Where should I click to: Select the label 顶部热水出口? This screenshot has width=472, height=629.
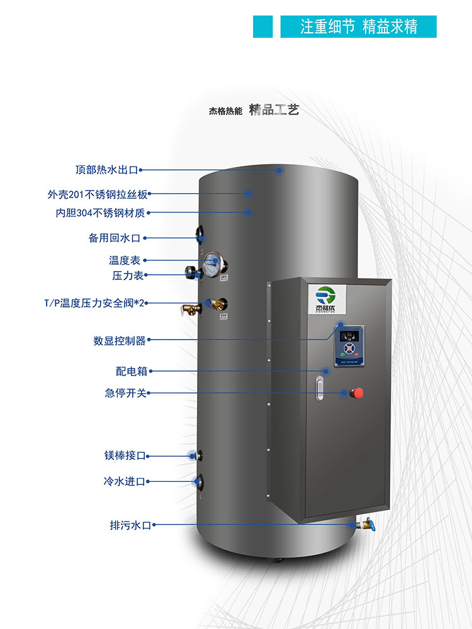coord(106,170)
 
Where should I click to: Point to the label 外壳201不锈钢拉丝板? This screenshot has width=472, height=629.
coord(98,194)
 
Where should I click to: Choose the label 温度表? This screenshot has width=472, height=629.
coord(125,260)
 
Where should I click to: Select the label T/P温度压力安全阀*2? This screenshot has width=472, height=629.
coord(94,303)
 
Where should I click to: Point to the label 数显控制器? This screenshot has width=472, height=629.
coord(120,341)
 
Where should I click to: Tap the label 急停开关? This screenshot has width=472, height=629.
coord(125,393)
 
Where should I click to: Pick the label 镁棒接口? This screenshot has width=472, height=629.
coord(125,455)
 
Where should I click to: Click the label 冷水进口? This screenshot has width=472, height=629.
coord(125,482)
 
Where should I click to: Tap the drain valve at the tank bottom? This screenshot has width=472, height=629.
coord(364,525)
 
